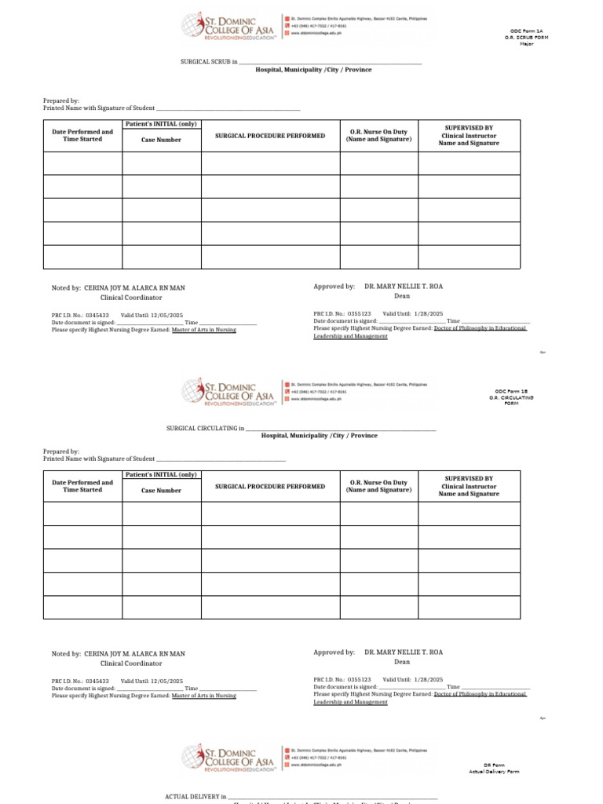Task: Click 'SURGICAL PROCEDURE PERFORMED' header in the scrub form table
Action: coord(270,136)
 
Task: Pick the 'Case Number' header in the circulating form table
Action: coord(161,491)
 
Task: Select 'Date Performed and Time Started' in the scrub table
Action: coord(82,136)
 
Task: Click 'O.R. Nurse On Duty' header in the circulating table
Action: coord(378,483)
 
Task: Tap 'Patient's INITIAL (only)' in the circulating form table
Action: coord(161,475)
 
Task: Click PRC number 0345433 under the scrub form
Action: coord(97,314)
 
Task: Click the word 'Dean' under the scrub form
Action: coord(402,297)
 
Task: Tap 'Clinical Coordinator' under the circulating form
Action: coord(130,663)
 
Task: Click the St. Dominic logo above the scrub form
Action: coord(228,25)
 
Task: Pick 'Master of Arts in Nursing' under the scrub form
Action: coord(203,330)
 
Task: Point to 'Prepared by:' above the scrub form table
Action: coord(61,100)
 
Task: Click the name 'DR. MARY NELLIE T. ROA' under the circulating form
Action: coord(404,652)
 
